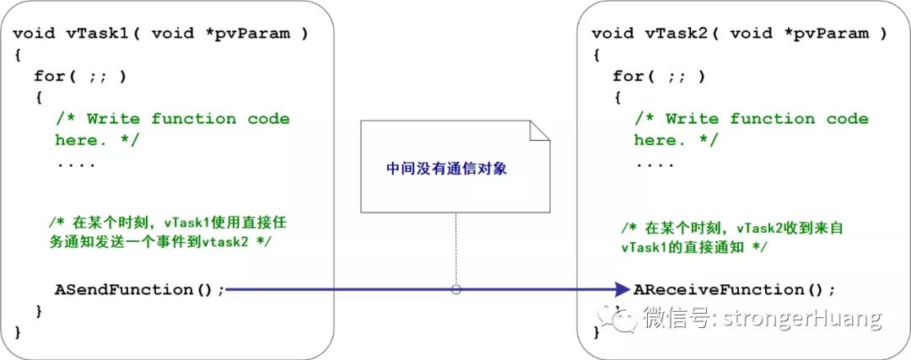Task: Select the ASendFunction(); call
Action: (x=140, y=290)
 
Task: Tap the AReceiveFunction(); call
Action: (x=734, y=290)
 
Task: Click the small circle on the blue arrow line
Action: (x=456, y=290)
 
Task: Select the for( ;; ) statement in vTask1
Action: (x=80, y=76)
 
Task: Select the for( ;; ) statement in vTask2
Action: (x=659, y=76)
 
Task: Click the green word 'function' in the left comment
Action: (x=195, y=119)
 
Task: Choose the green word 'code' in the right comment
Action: (x=847, y=119)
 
